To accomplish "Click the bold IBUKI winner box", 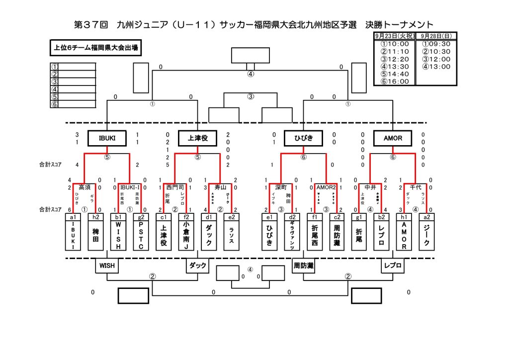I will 107,139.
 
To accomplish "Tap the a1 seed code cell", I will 73,217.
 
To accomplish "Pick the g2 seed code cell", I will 141,217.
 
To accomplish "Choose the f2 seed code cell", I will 186,217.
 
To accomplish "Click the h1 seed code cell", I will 403,217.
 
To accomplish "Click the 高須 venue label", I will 85,187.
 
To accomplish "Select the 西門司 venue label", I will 175,187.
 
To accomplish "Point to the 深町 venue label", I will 281,187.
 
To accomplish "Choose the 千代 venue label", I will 415,187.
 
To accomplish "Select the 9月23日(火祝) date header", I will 394,36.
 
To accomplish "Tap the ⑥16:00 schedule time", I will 394,82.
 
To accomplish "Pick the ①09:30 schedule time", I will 436,44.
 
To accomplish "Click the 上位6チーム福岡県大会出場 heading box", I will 96,48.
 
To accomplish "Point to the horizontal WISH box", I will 107,266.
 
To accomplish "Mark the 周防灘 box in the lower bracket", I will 303,266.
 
